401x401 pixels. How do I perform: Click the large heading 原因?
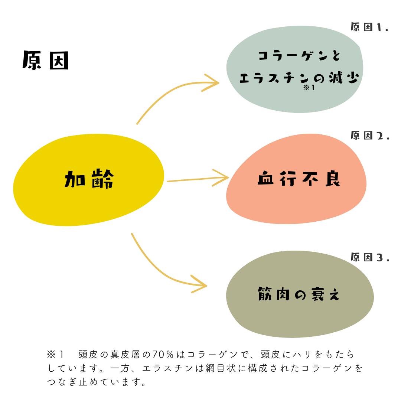pyautogui.click(x=45, y=61)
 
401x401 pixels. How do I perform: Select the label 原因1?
pyautogui.click(x=369, y=27)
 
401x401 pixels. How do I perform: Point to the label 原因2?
pyautogui.click(x=369, y=135)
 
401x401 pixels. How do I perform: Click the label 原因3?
pyautogui.click(x=369, y=257)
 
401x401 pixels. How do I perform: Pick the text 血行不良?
pyautogui.click(x=299, y=179)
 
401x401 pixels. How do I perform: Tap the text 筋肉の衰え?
pyautogui.click(x=299, y=294)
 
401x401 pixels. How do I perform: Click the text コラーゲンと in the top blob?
pyautogui.click(x=299, y=56)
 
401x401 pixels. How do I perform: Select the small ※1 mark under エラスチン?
pyautogui.click(x=309, y=88)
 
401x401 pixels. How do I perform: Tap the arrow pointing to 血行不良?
pyautogui.click(x=197, y=179)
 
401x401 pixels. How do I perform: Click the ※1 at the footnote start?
pyautogui.click(x=56, y=355)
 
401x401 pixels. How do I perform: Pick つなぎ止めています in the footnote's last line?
pyautogui.click(x=97, y=382)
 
